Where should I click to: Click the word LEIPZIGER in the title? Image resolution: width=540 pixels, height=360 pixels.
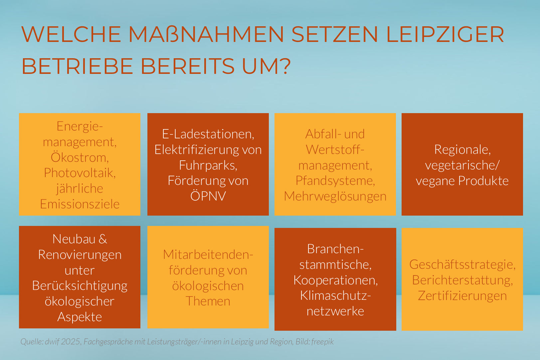[445, 34]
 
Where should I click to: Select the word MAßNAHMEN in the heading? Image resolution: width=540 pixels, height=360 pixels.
[206, 34]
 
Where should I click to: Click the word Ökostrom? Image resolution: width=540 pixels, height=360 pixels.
[80, 157]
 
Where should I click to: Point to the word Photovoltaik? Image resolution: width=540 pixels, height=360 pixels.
[80, 173]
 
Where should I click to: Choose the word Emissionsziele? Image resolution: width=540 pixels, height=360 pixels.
[80, 204]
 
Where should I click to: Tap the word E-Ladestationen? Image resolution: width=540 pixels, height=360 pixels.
[208, 134]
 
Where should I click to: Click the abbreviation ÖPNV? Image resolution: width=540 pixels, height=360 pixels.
[208, 196]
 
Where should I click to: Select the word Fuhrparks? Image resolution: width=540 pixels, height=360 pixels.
[208, 165]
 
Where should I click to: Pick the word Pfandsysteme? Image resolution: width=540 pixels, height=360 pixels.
[335, 181]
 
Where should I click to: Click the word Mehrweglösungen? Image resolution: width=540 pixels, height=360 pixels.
[335, 196]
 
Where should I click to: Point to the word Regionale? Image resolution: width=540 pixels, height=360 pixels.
[462, 150]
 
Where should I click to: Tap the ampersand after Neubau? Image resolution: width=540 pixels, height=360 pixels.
[103, 239]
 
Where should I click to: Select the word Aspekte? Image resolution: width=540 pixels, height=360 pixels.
[80, 317]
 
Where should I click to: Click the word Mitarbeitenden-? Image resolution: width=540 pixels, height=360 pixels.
[208, 255]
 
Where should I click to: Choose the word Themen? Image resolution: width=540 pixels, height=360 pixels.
[208, 301]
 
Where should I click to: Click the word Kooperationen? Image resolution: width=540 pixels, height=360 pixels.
[335, 280]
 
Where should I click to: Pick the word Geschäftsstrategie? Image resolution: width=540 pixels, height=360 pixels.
[462, 265]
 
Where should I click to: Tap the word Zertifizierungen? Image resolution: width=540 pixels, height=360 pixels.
[462, 296]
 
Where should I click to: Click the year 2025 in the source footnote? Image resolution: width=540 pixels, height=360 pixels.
[71, 342]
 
